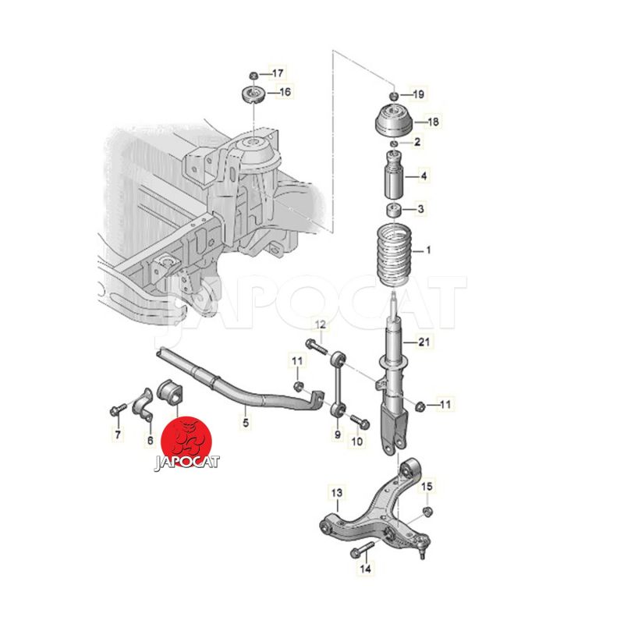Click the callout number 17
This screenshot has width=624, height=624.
278,73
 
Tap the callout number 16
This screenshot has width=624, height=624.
285,92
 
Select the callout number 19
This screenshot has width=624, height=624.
418,94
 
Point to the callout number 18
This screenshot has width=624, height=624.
433,122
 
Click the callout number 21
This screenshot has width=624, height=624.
424,342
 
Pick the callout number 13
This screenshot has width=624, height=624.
337,493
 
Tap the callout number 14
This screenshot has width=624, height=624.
365,569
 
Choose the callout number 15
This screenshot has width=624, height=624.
427,486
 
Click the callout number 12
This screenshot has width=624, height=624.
321,324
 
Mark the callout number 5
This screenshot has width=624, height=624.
246,422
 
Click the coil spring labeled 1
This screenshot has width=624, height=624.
393,256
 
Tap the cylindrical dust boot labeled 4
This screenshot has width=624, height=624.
394,175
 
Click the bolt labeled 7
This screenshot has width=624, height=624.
118,409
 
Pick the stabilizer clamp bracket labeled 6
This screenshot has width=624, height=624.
143,405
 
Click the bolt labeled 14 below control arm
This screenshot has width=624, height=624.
362,550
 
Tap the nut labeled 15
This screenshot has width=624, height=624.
427,511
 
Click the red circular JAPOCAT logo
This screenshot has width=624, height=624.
186,442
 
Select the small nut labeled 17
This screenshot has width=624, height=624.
253,75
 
